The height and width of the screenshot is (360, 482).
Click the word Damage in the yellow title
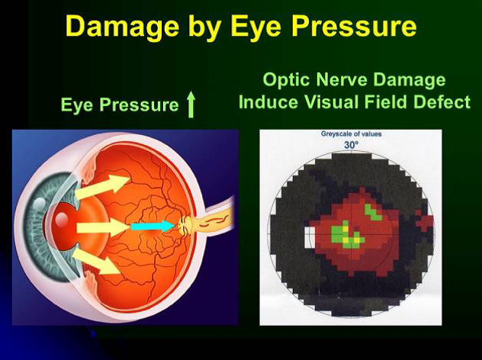(122, 26)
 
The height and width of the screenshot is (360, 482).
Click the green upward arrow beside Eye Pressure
(191, 104)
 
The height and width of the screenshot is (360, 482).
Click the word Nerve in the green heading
(342, 79)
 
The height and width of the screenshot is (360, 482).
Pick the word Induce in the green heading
(268, 101)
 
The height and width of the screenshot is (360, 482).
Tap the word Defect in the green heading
(442, 101)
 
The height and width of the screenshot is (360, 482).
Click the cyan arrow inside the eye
(153, 227)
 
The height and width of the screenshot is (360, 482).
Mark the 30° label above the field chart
(351, 145)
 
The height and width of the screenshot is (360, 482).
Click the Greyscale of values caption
(351, 133)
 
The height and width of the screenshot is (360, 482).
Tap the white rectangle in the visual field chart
(309, 237)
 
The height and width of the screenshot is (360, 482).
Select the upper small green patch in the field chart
(373, 212)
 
